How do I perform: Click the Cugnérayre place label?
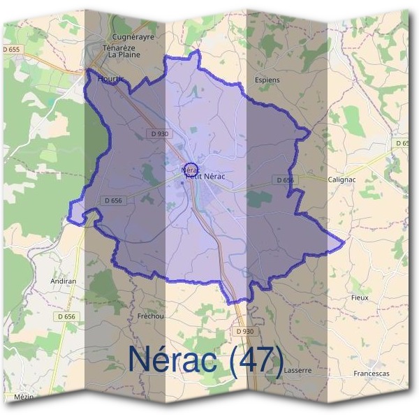[x=133, y=37]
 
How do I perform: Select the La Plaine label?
[x=124, y=54]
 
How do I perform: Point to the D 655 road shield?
[x=12, y=50]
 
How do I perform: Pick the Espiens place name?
[x=267, y=80]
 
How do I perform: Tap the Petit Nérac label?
[x=205, y=176]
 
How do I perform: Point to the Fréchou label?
[x=150, y=316]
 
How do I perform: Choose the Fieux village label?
[x=359, y=297]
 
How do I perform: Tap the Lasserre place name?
[x=298, y=371]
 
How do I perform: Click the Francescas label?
[x=372, y=374]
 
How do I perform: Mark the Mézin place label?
[x=24, y=397]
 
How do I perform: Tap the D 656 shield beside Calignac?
[x=285, y=180]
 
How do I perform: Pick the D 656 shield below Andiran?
[x=66, y=316]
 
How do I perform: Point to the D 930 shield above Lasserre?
[x=245, y=331]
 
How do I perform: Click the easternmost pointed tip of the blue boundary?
[x=345, y=242]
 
